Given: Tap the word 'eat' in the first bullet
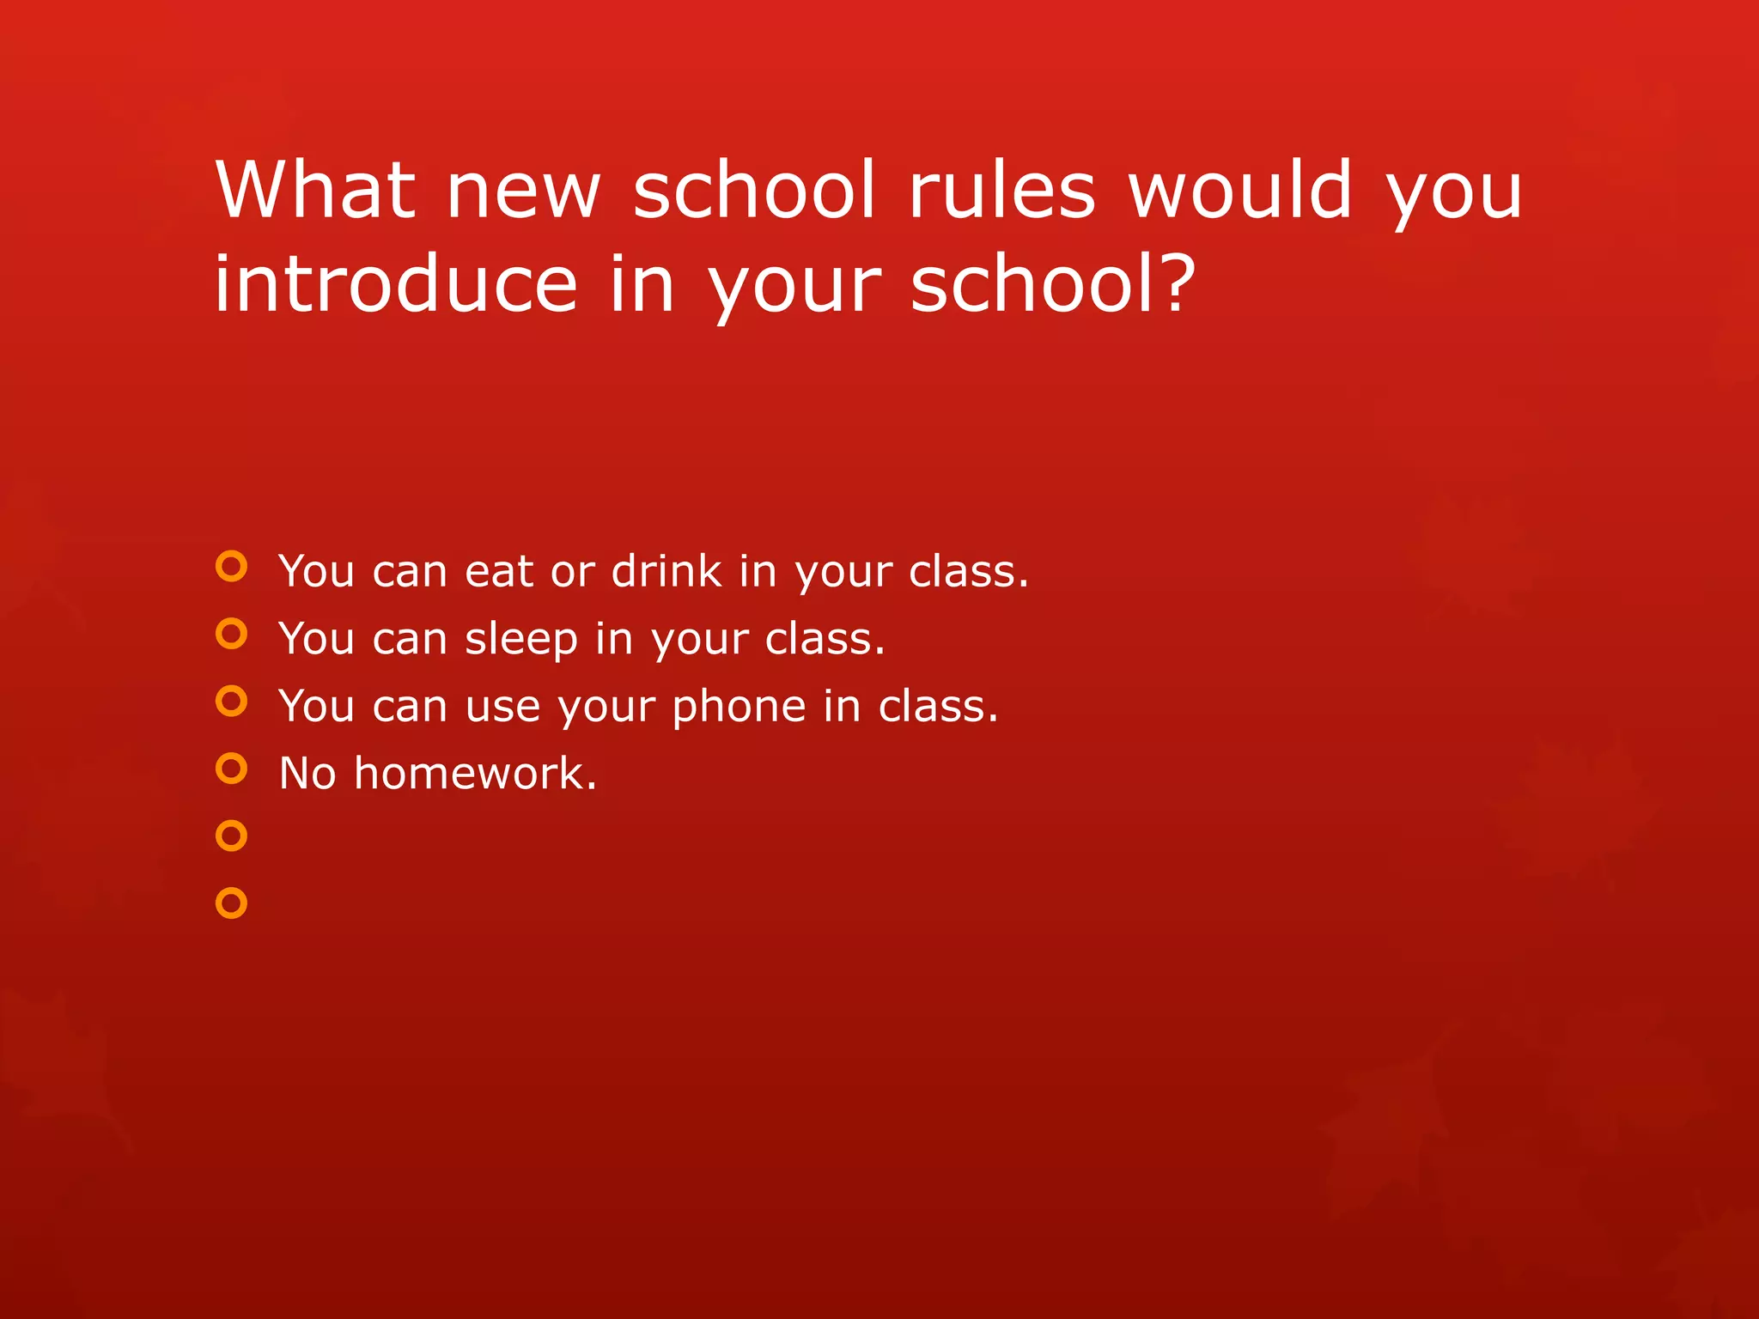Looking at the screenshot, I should (498, 572).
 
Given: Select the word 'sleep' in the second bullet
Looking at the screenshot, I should (521, 641).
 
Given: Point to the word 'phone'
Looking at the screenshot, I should (740, 708).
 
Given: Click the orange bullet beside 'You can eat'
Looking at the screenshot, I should (231, 567).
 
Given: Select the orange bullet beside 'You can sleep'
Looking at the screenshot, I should (231, 634).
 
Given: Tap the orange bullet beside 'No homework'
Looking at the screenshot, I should (231, 769).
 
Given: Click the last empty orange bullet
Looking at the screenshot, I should (231, 903).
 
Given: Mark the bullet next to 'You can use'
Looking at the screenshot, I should (231, 701).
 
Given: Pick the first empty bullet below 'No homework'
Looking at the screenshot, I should (231, 836).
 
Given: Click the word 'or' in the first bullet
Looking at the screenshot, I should (572, 573).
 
